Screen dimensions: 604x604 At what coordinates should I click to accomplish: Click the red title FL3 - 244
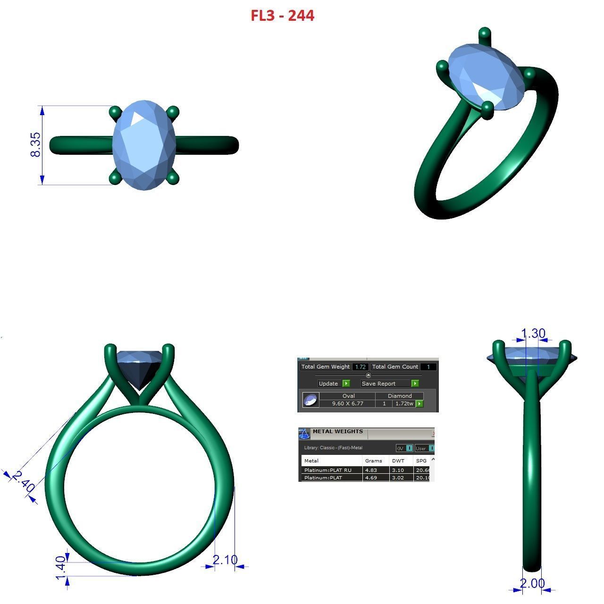(x=282, y=16)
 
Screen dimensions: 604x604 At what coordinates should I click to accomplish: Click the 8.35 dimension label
(x=35, y=144)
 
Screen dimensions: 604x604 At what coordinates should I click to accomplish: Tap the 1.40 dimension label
(x=61, y=569)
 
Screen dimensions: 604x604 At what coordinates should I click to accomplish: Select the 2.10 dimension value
(x=225, y=560)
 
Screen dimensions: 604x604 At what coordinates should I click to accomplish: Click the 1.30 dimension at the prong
(x=533, y=334)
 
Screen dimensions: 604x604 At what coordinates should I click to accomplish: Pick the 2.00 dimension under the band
(x=532, y=583)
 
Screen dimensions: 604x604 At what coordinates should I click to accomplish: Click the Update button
(x=328, y=384)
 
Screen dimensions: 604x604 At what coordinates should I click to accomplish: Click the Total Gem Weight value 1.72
(x=361, y=367)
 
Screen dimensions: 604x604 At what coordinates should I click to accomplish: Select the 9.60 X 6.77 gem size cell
(x=347, y=403)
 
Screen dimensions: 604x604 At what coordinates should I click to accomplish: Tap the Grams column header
(x=373, y=461)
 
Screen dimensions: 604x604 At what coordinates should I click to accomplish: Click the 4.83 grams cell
(x=371, y=470)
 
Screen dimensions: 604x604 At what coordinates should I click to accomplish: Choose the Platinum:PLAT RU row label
(x=328, y=470)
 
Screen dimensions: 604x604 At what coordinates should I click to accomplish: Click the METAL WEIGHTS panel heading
(x=337, y=431)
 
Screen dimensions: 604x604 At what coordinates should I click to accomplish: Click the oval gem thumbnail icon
(x=310, y=400)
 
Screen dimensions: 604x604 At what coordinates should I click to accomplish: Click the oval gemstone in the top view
(x=144, y=145)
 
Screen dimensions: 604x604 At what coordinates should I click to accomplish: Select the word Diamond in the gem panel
(x=400, y=396)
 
